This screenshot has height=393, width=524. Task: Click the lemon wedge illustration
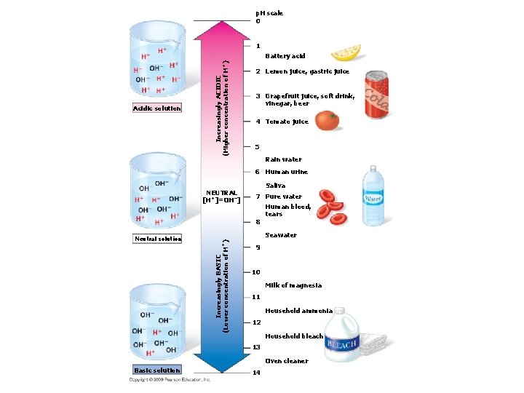[345, 53]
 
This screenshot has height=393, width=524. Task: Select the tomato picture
[327, 120]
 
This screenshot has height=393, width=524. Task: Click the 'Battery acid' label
[285, 56]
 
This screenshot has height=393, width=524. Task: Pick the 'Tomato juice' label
[287, 122]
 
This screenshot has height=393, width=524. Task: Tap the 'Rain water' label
[283, 159]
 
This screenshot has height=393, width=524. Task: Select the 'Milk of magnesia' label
[293, 285]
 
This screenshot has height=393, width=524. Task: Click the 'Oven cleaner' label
[287, 361]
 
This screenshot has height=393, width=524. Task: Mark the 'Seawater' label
[281, 235]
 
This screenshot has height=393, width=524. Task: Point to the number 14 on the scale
[256, 373]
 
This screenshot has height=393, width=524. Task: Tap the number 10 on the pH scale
[256, 272]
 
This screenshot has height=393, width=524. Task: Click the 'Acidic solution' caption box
[156, 108]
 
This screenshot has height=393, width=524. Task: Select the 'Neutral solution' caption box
[158, 238]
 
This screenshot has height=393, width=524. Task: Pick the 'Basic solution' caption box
[156, 370]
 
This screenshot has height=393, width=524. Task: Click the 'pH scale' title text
[269, 13]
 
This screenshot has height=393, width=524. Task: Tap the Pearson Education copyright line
[170, 380]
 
